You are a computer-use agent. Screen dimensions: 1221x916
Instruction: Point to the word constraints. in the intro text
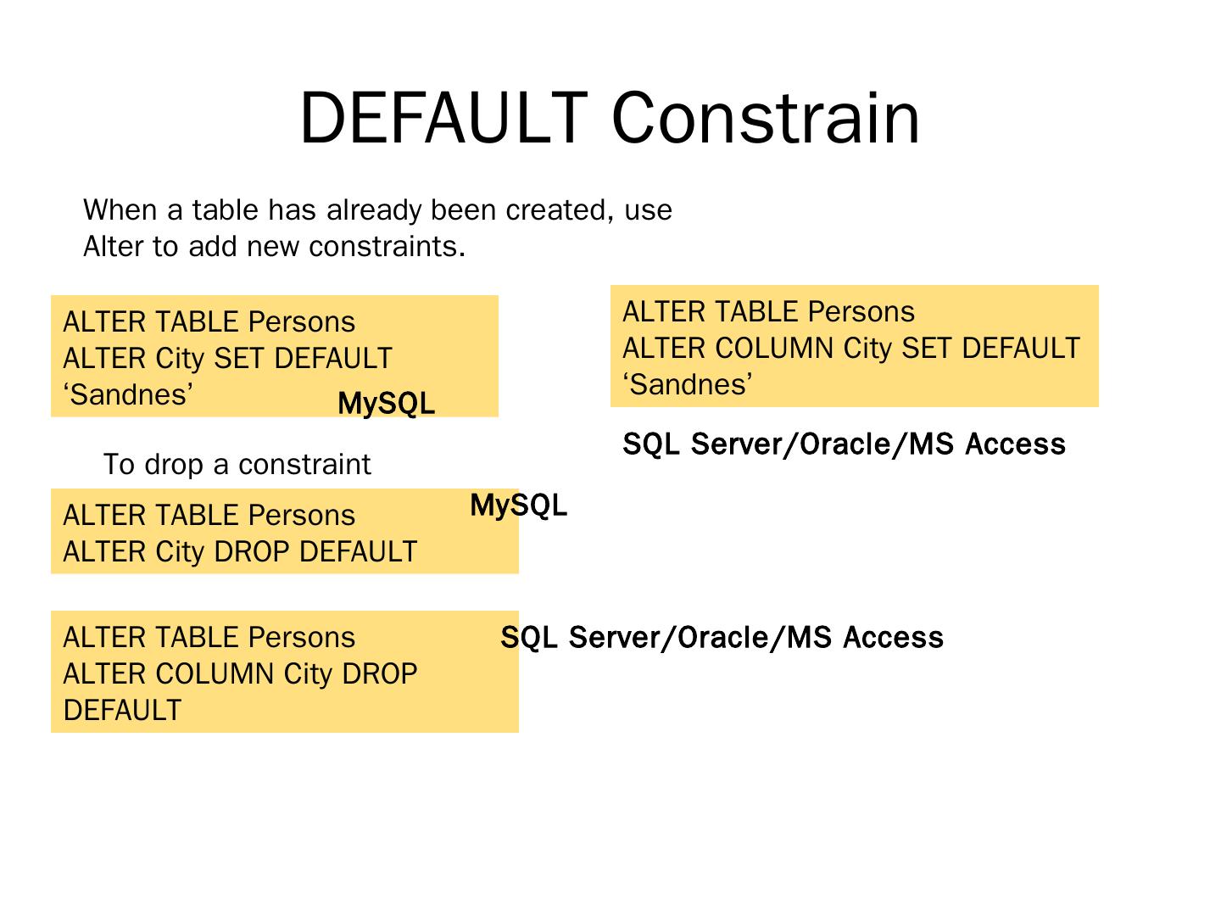[387, 247]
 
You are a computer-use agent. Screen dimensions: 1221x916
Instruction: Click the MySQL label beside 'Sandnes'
[386, 404]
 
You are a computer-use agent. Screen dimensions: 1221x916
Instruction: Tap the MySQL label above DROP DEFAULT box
[518, 505]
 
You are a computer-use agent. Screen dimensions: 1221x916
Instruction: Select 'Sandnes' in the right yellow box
[688, 385]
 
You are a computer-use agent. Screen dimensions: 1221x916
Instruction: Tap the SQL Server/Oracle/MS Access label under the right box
[844, 444]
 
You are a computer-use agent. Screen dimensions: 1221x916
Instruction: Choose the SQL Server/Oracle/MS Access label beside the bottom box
[722, 638]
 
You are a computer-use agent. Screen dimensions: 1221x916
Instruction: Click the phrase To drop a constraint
[237, 465]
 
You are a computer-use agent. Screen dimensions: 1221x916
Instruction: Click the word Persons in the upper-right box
[861, 312]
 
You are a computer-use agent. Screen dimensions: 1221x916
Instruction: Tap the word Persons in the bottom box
[301, 638]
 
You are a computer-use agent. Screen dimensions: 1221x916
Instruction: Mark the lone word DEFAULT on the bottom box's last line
[122, 711]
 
